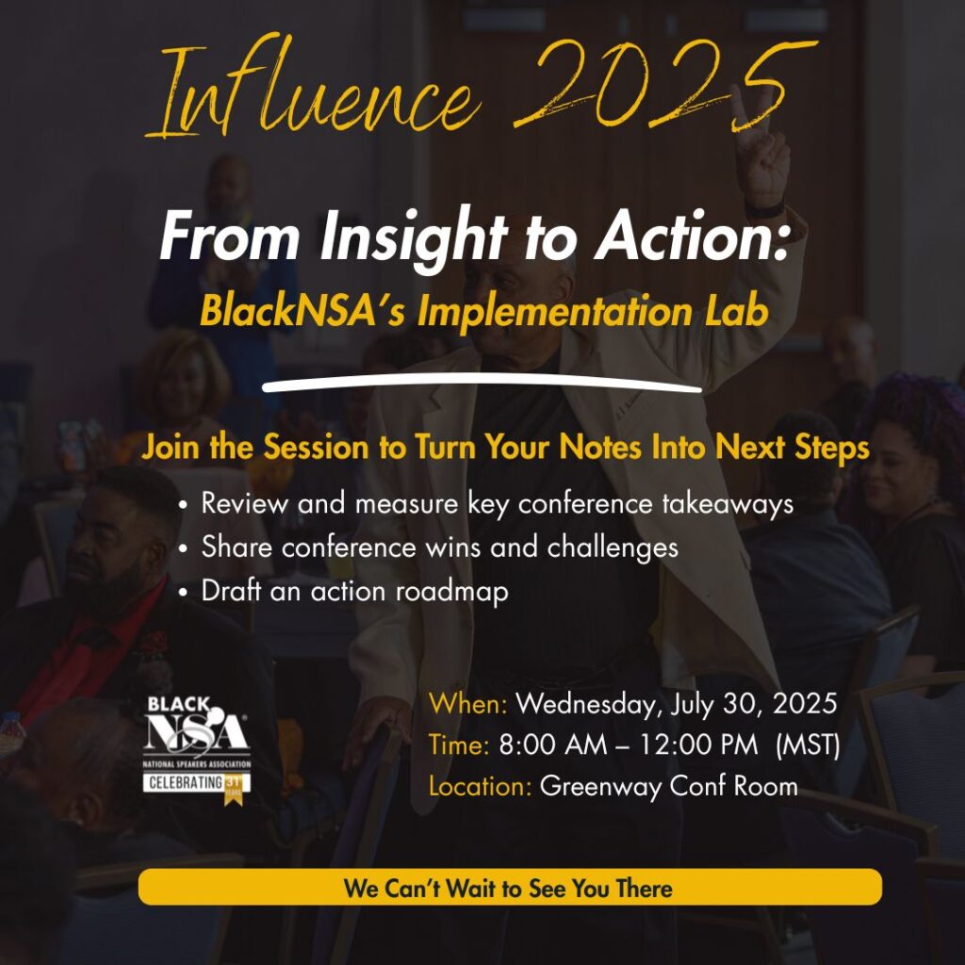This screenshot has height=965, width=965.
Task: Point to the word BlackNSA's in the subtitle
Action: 302,311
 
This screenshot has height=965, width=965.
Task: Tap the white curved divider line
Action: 482,384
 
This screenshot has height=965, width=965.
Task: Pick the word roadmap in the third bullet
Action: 451,592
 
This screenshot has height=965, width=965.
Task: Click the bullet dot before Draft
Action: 183,593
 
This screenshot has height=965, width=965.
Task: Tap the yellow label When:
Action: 467,703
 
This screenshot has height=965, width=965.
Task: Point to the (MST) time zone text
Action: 808,744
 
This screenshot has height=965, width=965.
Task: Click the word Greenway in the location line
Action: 600,787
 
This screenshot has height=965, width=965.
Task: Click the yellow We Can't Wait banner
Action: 510,887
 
